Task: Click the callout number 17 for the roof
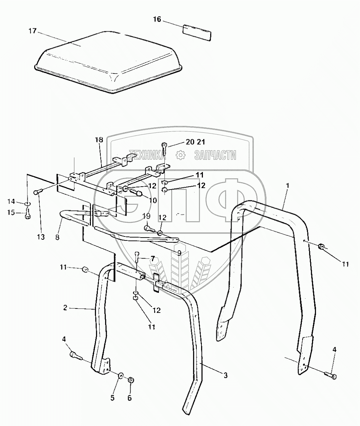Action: (32, 31)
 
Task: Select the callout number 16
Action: (157, 19)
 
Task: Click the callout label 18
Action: (99, 140)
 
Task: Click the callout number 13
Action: (41, 237)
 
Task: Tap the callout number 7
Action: (152, 259)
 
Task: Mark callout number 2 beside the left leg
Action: (65, 308)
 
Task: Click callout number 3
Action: (225, 375)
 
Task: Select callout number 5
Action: (112, 398)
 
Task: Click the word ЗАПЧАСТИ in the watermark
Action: (215, 156)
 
